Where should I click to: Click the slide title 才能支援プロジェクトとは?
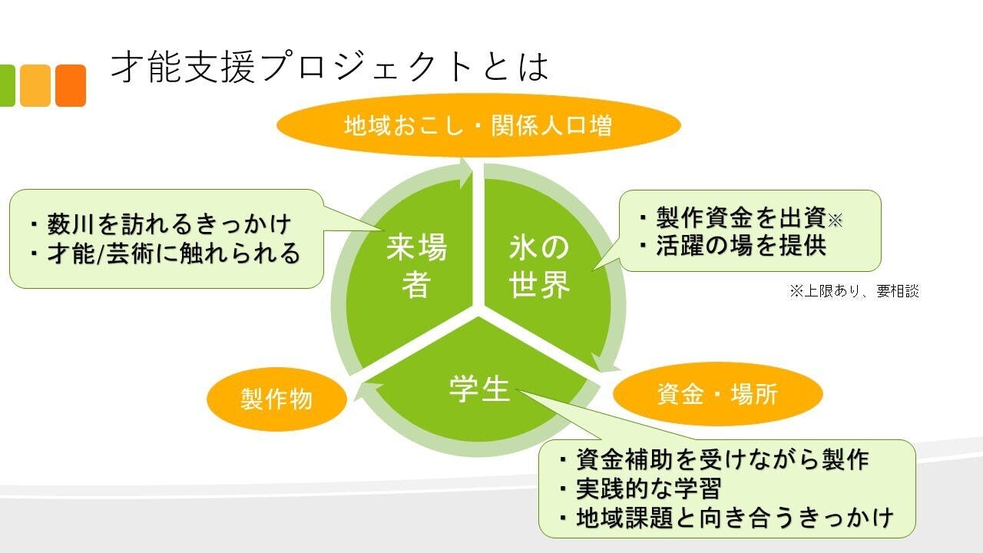[330, 68]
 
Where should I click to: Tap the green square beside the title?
[6, 85]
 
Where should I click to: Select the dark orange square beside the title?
[71, 85]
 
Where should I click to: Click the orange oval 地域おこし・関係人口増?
[478, 125]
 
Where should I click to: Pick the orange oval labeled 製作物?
[276, 399]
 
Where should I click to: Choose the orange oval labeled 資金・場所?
[717, 394]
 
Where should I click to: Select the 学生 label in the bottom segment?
[480, 389]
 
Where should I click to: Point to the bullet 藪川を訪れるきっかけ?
[161, 224]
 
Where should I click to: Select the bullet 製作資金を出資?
[741, 219]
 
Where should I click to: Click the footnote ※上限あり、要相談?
[853, 291]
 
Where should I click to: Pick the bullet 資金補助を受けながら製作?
[714, 459]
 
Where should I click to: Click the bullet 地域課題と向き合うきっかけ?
[726, 517]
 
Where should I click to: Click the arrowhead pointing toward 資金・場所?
[604, 361]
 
